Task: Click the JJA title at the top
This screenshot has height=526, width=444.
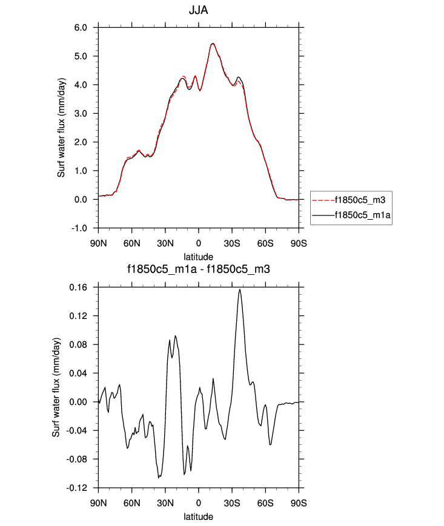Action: (x=199, y=10)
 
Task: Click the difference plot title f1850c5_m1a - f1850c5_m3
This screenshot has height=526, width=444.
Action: (x=199, y=270)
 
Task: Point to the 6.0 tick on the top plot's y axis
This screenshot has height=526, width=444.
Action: (x=81, y=28)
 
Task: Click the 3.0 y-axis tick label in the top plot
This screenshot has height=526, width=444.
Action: (x=81, y=114)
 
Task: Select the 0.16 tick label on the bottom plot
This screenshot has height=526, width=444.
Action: (x=79, y=288)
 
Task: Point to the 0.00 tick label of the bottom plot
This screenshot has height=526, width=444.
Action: (x=79, y=402)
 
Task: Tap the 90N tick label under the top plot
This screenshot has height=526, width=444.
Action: (x=99, y=242)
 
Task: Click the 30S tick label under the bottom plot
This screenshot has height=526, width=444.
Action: (x=232, y=502)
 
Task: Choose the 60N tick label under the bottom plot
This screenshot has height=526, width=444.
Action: (x=132, y=502)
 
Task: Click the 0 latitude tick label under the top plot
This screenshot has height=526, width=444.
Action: (x=199, y=242)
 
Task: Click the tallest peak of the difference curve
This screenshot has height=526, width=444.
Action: (x=240, y=289)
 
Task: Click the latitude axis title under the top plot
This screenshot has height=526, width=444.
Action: (x=199, y=257)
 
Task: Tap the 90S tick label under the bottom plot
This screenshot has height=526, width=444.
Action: (x=299, y=502)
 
